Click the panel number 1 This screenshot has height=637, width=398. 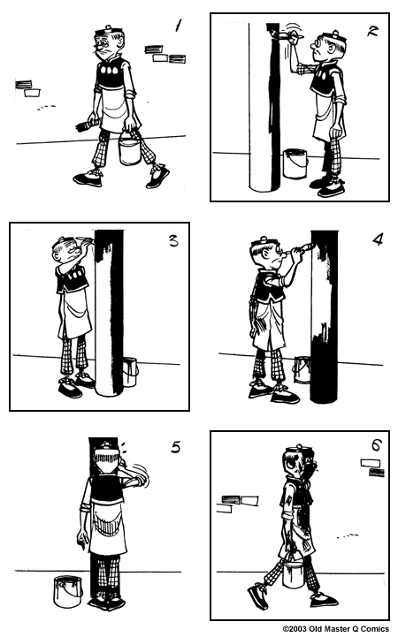(179, 26)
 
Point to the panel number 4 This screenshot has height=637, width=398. (378, 239)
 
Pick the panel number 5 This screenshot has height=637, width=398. (176, 447)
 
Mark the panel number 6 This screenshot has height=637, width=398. (375, 444)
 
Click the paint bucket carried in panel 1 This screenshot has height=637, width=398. (130, 149)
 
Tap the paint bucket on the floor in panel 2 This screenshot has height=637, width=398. (295, 163)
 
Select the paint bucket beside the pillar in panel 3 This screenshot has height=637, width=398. (130, 371)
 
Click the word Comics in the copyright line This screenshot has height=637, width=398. (371, 629)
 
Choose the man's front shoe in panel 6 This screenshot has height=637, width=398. (258, 597)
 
